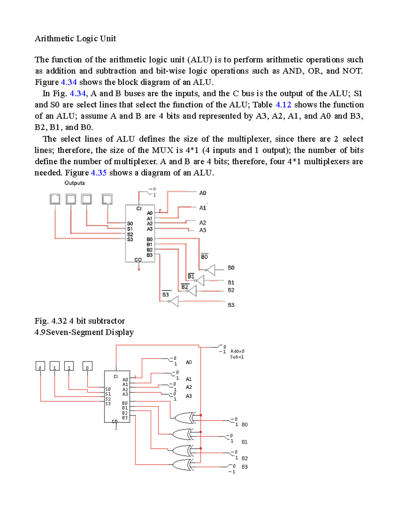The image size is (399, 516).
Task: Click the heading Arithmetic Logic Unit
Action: [75, 39]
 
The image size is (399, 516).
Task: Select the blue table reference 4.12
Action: [283, 105]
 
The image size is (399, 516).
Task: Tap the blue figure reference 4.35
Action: [98, 173]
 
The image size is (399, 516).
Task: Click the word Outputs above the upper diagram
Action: [74, 183]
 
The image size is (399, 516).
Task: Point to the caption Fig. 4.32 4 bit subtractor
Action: [80, 321]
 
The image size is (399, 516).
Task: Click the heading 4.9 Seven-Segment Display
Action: [84, 332]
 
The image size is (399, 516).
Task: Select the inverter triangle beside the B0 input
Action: [210, 270]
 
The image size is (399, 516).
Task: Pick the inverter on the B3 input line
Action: [174, 301]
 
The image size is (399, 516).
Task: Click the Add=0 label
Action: [237, 351]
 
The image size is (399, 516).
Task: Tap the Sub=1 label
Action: [237, 357]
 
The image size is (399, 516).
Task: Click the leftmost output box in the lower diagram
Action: [40, 366]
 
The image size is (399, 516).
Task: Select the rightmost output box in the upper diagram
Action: [107, 199]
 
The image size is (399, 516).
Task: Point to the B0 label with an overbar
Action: [204, 257]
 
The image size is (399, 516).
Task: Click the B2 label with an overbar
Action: [185, 287]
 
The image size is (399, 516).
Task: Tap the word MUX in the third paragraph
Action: [163, 150]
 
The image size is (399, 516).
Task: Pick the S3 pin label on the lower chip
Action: [108, 404]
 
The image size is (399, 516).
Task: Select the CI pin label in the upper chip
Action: [139, 209]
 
